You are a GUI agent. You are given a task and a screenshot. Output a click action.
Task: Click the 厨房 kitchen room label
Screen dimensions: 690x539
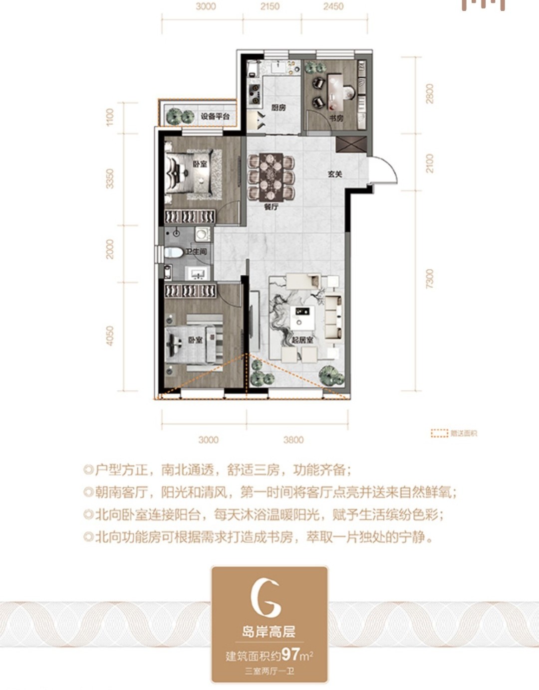click(278, 108)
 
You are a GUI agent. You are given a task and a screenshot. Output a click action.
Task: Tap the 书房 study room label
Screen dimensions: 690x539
click(336, 118)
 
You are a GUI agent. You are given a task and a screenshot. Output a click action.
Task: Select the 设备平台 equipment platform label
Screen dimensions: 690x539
click(215, 116)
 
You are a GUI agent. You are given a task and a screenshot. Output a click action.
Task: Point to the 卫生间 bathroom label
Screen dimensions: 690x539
click(196, 252)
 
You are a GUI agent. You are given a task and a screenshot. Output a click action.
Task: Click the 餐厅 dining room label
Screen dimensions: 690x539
click(270, 206)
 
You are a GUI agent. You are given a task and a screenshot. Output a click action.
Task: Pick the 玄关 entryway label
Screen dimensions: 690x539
click(334, 174)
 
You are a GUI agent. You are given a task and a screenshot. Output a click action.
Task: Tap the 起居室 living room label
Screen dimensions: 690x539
click(302, 340)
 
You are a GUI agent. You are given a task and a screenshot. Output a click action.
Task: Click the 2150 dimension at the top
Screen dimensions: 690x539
click(269, 6)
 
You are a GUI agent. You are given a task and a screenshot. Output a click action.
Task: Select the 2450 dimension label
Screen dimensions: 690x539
click(333, 6)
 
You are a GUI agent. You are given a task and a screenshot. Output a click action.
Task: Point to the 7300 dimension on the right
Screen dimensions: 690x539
click(430, 279)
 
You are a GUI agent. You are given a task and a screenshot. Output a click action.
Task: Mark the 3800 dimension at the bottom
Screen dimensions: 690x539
click(293, 440)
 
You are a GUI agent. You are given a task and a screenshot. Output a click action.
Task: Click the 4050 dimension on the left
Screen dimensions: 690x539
click(110, 336)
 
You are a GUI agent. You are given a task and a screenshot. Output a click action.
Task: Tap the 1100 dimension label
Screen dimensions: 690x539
click(110, 117)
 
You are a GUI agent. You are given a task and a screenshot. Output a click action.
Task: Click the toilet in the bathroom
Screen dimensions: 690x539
click(173, 252)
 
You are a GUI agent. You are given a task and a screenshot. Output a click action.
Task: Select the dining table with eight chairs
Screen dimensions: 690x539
click(270, 176)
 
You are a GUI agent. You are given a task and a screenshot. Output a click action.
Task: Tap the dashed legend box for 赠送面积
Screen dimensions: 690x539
click(439, 434)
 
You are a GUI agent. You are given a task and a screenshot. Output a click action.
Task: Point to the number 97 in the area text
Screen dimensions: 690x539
click(290, 654)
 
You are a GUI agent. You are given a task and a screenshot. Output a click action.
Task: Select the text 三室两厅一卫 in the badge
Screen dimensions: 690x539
click(269, 671)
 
